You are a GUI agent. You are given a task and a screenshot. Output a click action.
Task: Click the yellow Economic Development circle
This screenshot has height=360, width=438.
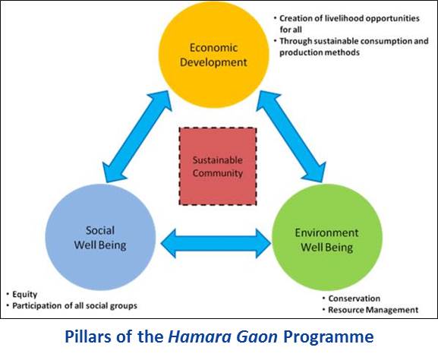(x=214, y=55)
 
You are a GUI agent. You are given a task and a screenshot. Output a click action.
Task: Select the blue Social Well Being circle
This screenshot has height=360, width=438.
(x=100, y=237)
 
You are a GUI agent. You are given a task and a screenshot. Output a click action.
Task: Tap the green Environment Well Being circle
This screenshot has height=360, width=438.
(x=327, y=237)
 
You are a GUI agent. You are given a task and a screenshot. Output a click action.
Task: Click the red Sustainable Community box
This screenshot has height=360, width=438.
(x=218, y=166)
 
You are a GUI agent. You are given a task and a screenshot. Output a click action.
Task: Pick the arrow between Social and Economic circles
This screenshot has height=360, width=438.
(x=137, y=137)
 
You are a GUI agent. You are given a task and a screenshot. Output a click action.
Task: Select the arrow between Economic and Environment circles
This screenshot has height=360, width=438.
(x=291, y=137)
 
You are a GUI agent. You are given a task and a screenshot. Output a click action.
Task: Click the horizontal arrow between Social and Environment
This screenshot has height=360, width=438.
(x=216, y=243)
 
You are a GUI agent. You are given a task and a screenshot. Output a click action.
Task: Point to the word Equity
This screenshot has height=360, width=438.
(x=25, y=295)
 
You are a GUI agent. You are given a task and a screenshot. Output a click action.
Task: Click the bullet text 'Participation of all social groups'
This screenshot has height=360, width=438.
(x=74, y=306)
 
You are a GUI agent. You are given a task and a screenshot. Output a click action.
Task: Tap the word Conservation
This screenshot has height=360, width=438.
(x=354, y=298)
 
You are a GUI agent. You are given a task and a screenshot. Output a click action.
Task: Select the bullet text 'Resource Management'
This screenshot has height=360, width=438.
(x=373, y=310)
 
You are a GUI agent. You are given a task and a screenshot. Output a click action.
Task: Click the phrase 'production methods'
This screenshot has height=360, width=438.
(x=320, y=52)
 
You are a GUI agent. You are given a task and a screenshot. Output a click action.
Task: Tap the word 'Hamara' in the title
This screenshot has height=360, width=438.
(x=200, y=336)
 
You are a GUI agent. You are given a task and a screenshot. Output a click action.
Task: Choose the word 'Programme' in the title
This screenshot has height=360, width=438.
(x=329, y=337)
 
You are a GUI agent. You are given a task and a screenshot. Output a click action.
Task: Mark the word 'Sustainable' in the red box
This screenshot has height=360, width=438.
(x=218, y=160)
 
